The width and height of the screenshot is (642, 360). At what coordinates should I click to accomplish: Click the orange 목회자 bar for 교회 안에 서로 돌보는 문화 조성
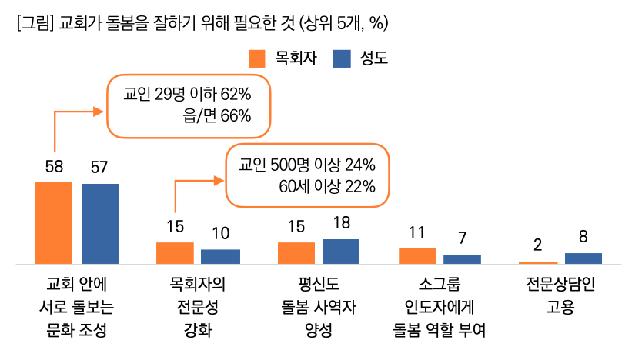(x=54, y=223)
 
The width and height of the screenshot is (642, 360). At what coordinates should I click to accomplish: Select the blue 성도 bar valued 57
(x=100, y=224)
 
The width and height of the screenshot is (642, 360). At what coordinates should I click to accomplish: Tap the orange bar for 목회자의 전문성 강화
(x=175, y=253)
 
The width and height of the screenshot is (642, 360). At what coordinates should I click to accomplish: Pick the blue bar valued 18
(x=341, y=252)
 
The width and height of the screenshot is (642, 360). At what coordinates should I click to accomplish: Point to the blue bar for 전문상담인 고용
(x=583, y=258)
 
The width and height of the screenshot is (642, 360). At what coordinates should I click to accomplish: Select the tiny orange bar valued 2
(x=538, y=263)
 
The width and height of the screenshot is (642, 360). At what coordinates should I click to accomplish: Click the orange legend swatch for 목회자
(x=257, y=59)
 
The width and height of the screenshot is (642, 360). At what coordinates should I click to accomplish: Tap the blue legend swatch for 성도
(x=342, y=59)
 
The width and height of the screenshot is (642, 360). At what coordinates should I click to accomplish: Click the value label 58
(x=54, y=165)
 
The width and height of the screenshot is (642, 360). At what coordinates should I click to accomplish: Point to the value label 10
(x=220, y=233)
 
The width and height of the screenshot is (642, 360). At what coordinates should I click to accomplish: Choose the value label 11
(x=417, y=232)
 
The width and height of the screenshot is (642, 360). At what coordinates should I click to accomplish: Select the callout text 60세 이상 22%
(x=327, y=185)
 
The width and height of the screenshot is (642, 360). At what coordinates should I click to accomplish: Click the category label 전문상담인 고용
(x=560, y=295)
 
